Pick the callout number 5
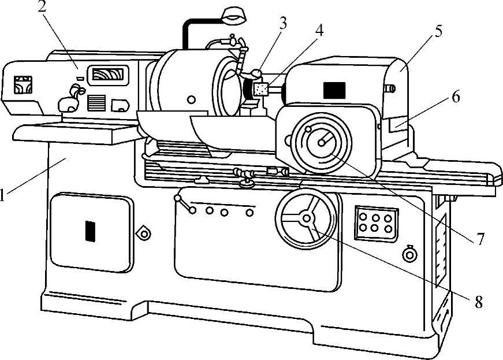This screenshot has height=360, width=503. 439,31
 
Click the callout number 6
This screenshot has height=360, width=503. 456,97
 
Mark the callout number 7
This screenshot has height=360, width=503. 480,239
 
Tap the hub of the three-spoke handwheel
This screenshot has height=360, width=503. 306,218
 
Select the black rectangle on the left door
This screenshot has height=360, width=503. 90,231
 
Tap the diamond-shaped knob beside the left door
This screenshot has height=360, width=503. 143,233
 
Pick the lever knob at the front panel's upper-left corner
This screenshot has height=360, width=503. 180,199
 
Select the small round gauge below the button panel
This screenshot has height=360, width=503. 409,253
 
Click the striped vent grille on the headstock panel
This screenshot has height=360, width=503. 96,102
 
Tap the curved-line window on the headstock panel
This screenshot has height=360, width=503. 108,75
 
